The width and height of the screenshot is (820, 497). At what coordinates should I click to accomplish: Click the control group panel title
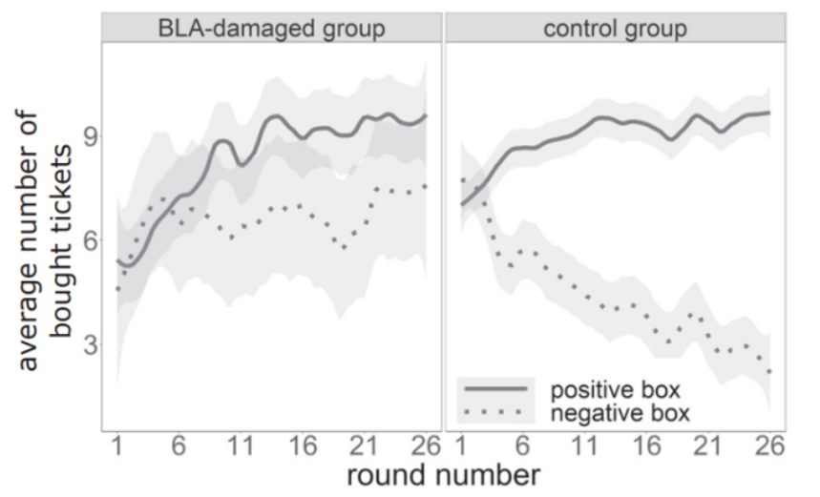(x=615, y=29)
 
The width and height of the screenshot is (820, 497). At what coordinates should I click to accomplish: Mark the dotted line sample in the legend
(x=495, y=412)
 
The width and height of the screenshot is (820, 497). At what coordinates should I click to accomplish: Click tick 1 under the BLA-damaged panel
(x=117, y=446)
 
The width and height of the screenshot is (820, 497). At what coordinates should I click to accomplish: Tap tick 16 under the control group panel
(x=646, y=446)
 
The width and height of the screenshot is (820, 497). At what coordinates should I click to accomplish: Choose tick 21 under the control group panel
(x=707, y=446)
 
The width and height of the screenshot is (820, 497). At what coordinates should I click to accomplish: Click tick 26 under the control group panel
(x=768, y=446)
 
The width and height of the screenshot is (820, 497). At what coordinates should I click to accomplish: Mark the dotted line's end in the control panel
(x=769, y=371)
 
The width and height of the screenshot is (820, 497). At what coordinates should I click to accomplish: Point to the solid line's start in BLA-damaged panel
(x=117, y=259)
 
